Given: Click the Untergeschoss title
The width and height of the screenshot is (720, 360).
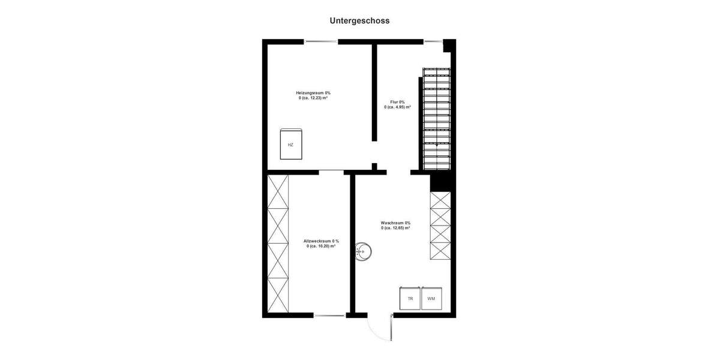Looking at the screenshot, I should (x=359, y=20).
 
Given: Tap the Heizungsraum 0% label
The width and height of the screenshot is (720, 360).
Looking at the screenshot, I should (x=313, y=93).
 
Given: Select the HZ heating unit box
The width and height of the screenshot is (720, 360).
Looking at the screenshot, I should (x=291, y=144).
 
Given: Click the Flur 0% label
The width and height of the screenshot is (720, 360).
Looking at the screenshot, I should (x=398, y=102).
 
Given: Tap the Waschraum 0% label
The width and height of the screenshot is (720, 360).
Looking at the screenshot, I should (x=395, y=223).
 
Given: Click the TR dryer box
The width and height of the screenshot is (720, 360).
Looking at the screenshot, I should (x=410, y=298).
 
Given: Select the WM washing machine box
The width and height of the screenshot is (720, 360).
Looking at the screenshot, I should (x=431, y=298).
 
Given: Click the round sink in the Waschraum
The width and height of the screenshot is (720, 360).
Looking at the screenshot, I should (x=364, y=252).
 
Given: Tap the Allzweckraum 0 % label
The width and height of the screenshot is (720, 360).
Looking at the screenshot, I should (x=321, y=241).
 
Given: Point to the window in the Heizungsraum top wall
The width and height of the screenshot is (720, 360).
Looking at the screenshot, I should (x=321, y=41).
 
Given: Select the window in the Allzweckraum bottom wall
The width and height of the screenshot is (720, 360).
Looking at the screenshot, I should (x=329, y=315).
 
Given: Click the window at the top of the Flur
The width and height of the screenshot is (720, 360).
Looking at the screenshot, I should (x=433, y=41).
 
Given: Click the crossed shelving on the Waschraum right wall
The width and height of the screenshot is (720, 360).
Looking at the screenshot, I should (x=440, y=225).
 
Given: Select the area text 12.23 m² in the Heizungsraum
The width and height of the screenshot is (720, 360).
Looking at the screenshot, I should (x=313, y=98).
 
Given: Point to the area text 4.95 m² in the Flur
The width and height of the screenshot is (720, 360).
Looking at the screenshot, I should (x=398, y=107).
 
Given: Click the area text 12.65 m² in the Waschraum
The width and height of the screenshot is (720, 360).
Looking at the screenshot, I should (x=395, y=228).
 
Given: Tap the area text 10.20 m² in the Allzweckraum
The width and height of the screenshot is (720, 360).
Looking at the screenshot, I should (x=321, y=246).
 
